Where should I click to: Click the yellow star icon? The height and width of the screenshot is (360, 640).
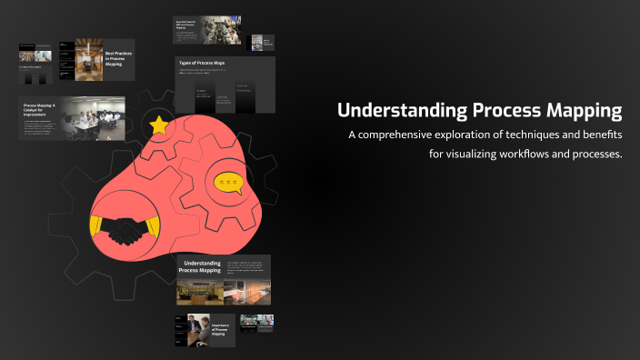click(x=160, y=125)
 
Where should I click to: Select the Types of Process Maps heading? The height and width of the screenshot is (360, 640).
click(x=202, y=64)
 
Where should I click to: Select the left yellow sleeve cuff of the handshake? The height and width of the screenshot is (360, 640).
click(x=96, y=225)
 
